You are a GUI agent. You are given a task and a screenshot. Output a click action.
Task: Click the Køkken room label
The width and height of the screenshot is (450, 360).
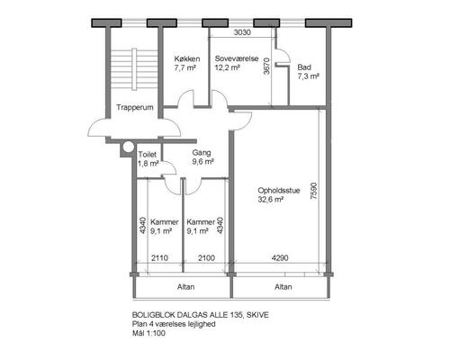(187, 58)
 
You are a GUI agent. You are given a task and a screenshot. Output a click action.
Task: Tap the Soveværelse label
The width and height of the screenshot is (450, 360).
(237, 58)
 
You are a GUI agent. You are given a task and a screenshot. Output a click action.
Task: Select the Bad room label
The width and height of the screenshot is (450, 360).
(304, 67)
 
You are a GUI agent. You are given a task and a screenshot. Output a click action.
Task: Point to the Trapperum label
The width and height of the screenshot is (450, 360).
(135, 107)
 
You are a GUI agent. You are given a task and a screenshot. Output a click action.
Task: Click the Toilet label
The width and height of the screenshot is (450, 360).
(148, 155)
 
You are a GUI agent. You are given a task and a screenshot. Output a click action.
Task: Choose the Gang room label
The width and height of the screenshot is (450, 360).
(202, 153)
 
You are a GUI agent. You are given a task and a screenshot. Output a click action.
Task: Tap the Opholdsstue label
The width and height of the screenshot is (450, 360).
(279, 191)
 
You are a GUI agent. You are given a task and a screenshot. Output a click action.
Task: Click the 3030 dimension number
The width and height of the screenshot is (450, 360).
(242, 32)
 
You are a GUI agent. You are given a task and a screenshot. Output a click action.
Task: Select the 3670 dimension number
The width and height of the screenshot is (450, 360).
(266, 66)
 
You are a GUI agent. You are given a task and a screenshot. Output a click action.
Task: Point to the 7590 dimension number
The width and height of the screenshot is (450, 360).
(313, 191)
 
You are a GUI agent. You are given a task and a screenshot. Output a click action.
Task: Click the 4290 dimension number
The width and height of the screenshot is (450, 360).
(280, 257)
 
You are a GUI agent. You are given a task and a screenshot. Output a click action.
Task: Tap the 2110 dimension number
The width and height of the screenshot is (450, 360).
(159, 257)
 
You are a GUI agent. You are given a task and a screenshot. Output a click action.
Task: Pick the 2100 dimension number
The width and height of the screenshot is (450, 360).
(206, 257)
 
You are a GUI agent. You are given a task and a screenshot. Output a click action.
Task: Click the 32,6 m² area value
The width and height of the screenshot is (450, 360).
(271, 200)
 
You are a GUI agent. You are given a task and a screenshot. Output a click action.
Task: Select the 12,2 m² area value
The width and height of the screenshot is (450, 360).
(227, 67)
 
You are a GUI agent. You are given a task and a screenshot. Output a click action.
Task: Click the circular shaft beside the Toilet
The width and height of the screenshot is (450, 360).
(129, 147)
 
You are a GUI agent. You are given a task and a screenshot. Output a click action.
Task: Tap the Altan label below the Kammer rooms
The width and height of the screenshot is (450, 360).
(185, 287)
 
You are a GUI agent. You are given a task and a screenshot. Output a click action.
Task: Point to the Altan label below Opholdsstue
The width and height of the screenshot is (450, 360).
(283, 287)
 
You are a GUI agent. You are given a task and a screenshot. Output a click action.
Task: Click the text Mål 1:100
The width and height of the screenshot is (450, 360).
(148, 333)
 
